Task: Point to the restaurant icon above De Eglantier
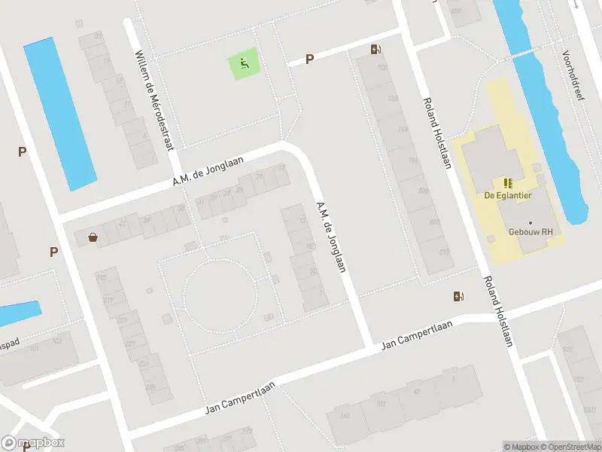[507, 182]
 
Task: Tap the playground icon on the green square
[244, 63]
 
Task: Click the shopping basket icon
[93, 237]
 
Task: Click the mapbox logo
[33, 443]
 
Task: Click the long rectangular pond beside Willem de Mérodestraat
[59, 113]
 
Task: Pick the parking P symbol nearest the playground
[309, 59]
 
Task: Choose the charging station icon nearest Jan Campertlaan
[458, 296]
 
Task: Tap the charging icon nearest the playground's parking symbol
[375, 50]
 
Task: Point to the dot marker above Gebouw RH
[530, 223]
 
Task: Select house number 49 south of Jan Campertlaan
[417, 391]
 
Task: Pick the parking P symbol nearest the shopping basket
[53, 252]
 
